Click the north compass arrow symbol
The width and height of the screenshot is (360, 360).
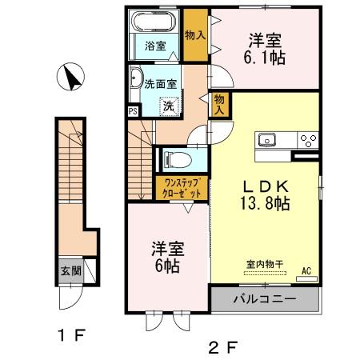click(x=71, y=78)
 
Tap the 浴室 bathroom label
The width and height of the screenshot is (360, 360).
click(x=155, y=46)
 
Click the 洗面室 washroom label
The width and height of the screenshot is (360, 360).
click(x=162, y=82)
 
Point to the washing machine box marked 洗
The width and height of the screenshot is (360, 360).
click(x=168, y=105)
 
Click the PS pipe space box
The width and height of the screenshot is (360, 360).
click(x=133, y=111)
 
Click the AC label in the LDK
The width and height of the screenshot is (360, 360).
click(x=305, y=271)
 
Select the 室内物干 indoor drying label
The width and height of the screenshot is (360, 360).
click(x=263, y=263)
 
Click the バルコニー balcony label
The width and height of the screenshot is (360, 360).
click(x=265, y=300)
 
